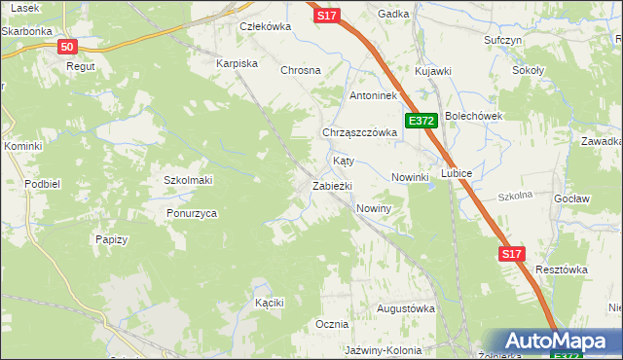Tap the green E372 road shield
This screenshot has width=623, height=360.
(x=421, y=121)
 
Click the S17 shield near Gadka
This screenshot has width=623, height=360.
(x=327, y=16)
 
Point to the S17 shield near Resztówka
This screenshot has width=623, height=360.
(x=513, y=254)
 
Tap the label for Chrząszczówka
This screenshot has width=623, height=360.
(x=359, y=132)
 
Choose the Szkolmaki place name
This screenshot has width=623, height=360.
(x=188, y=181)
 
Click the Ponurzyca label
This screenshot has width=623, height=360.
(x=191, y=213)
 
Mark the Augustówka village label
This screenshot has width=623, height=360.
(x=405, y=308)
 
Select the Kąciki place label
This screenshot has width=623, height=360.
(x=269, y=303)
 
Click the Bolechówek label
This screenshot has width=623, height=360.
(x=473, y=116)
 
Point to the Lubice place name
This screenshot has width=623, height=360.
(x=456, y=173)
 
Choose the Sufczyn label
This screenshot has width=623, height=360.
(x=503, y=41)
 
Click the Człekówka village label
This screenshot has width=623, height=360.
(x=265, y=27)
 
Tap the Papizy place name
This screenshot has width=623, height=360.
(x=112, y=239)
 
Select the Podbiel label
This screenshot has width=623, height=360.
(x=44, y=184)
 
